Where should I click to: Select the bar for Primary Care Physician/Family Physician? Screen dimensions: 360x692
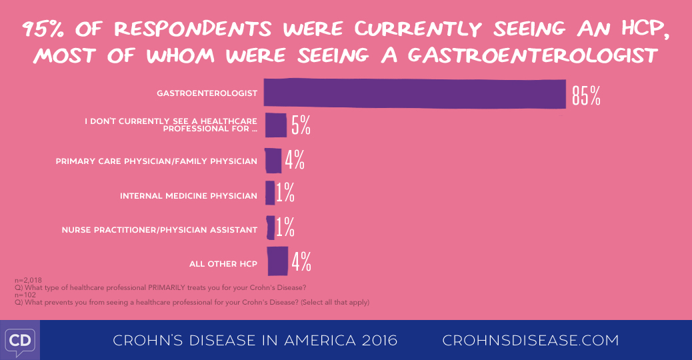tap(273, 161)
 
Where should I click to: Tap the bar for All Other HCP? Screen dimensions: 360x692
tap(277, 261)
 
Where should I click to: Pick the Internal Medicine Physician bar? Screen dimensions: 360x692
tap(269, 193)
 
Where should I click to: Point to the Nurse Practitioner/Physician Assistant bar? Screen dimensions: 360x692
tap(269, 227)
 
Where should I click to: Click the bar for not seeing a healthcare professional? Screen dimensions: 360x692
tap(275, 125)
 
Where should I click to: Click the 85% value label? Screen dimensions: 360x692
tap(586, 95)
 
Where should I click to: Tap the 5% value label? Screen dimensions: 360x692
tap(301, 125)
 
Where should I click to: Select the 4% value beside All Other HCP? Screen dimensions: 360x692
tap(301, 261)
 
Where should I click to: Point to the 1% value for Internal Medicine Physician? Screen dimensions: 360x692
tap(285, 193)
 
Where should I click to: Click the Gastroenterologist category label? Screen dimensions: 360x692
tap(207, 93)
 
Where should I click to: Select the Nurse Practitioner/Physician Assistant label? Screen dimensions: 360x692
tap(159, 230)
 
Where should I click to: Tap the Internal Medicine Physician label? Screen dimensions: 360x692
tap(188, 196)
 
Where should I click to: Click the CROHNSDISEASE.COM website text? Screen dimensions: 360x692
tap(531, 341)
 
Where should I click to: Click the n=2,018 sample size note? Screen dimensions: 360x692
tap(28, 281)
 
